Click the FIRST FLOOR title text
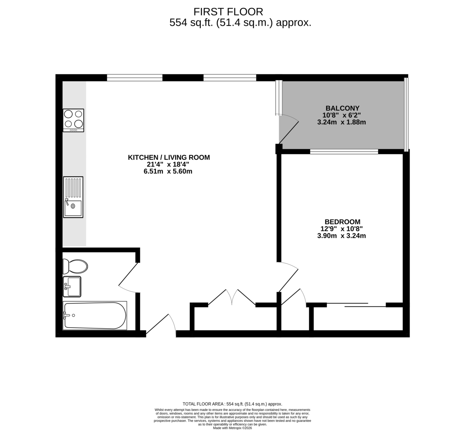click(228, 12)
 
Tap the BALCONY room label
click(342, 108)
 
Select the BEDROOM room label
click(342, 222)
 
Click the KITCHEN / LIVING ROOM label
click(169, 158)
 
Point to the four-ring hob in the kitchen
click(73, 120)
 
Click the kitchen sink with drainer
click(73, 197)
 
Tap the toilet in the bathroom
click(75, 267)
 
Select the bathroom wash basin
click(72, 287)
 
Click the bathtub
click(95, 316)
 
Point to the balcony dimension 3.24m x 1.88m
click(341, 122)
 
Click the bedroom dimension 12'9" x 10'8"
click(341, 229)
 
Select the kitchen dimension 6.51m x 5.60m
click(168, 171)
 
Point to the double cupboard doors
click(232, 297)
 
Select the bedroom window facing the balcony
click(344, 152)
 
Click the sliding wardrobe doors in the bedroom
click(356, 305)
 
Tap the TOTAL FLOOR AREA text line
click(232, 404)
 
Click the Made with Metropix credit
click(232, 428)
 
